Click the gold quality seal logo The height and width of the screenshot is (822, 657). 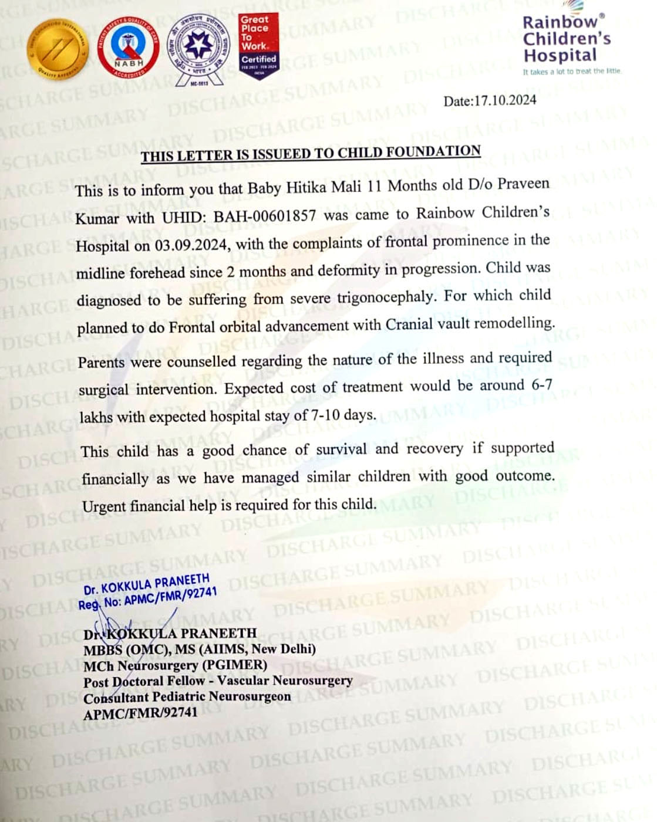(x=58, y=50)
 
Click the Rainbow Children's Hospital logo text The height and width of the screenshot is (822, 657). (x=565, y=39)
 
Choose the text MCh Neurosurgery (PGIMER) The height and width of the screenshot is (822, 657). (x=175, y=665)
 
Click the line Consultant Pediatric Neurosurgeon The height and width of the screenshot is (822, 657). (x=187, y=697)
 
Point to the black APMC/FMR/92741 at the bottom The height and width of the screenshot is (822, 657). (x=140, y=713)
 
